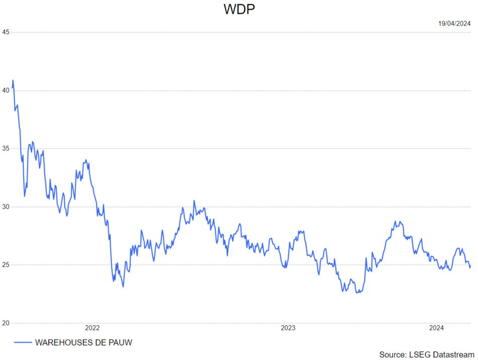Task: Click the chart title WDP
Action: tap(239, 10)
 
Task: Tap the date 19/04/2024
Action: tap(454, 23)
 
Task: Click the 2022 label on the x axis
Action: tap(93, 328)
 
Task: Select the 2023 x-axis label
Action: tap(288, 328)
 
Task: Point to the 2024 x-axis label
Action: tap(436, 328)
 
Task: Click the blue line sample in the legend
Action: tap(22, 342)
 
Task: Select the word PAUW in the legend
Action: tap(119, 342)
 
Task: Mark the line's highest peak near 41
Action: tap(13, 80)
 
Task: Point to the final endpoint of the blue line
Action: tap(470, 266)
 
